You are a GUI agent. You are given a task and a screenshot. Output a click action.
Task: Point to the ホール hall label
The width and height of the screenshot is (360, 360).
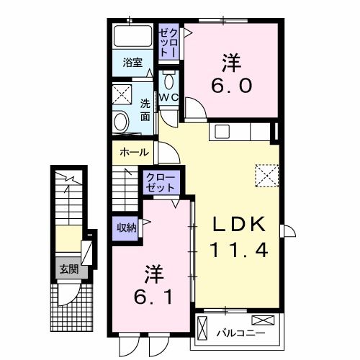[135, 153]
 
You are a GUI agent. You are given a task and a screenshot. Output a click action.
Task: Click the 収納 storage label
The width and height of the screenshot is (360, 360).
[127, 228]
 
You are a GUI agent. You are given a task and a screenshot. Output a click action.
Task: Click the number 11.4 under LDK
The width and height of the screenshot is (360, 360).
[239, 251]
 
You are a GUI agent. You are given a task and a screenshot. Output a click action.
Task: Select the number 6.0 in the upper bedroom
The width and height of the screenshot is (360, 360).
[231, 86]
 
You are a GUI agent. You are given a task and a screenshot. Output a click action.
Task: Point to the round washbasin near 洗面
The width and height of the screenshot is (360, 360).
[122, 120]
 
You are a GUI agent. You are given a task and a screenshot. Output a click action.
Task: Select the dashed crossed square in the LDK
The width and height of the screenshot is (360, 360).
[266, 175]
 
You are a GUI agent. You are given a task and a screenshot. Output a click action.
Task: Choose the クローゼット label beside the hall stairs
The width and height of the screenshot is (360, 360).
[161, 181]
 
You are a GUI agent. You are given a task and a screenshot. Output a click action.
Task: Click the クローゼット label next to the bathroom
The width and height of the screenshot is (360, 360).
[167, 42]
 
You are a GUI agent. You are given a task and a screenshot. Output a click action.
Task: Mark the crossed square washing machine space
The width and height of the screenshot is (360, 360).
[122, 94]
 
